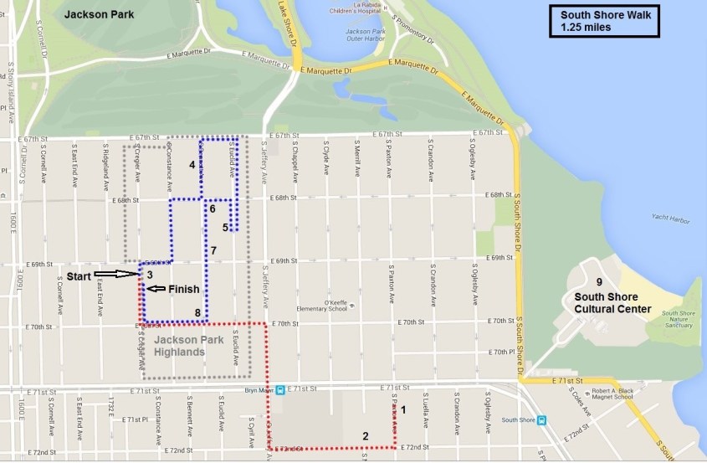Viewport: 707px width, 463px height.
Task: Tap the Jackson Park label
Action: pos(98,15)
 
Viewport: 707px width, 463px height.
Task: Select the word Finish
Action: pos(184,290)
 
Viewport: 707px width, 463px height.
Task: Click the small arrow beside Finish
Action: pos(155,290)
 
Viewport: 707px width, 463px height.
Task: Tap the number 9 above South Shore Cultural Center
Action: pos(598,282)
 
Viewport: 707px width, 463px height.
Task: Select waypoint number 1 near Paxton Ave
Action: pos(403,409)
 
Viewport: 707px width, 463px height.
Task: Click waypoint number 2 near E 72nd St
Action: pos(365,435)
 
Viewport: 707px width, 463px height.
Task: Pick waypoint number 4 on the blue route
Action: pos(192,165)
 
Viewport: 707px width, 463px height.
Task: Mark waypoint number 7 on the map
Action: pos(214,250)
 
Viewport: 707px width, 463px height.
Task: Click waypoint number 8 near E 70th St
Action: pos(197,313)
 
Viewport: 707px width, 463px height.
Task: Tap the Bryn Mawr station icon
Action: pos(279,389)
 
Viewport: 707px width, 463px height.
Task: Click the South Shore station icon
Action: pos(542,420)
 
